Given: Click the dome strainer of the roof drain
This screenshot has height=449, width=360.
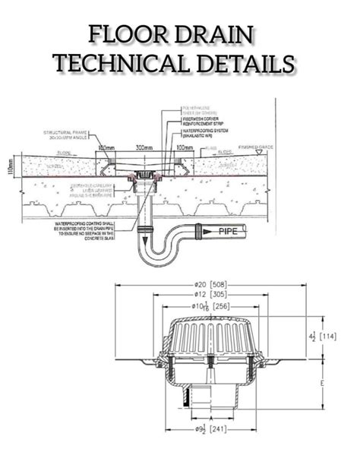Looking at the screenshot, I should point(212,331).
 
